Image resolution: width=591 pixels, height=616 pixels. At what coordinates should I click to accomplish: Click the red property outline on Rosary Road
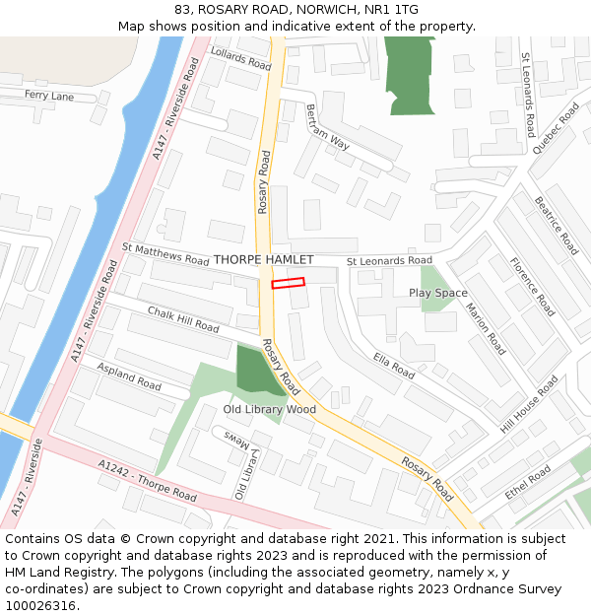point(288,283)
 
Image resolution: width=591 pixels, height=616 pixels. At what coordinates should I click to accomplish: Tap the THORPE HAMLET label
point(263,259)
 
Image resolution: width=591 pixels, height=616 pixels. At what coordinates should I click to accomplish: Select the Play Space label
point(438,293)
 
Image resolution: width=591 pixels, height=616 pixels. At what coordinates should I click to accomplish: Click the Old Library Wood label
point(269,409)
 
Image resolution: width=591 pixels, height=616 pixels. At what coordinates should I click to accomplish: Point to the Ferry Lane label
point(49,96)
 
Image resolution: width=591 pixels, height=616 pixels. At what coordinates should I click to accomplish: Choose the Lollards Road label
point(240,59)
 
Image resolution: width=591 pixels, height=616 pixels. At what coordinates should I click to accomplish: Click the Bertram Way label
point(327,127)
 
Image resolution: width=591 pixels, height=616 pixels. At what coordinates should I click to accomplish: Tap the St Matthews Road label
point(165,255)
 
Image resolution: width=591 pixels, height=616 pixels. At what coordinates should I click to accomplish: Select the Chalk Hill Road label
point(183,318)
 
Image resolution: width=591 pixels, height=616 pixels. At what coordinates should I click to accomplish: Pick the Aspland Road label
point(128,376)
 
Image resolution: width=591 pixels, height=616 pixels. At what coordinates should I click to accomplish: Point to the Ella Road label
point(394,366)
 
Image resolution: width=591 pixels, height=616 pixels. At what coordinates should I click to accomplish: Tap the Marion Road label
point(485,328)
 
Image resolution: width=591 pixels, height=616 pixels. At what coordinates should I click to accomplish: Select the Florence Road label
point(532,287)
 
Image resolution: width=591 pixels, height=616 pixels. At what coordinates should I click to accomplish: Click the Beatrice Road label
point(557,226)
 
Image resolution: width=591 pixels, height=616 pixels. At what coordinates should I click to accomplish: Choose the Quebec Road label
point(556,128)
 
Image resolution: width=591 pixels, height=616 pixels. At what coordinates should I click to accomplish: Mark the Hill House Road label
point(529,403)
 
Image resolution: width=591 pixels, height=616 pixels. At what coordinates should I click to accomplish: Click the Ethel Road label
point(528,481)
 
